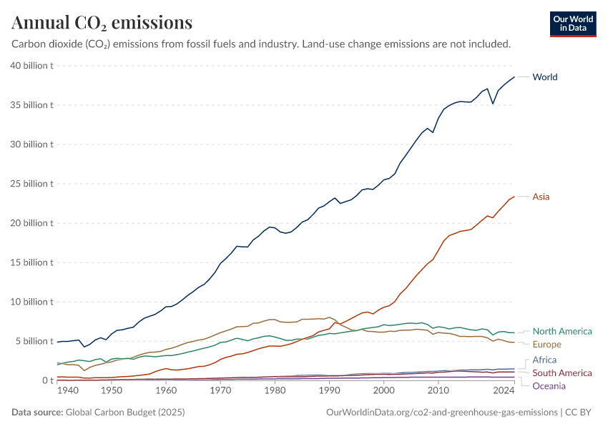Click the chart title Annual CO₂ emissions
[x=102, y=23]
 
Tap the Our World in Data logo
[x=572, y=24]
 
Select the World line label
[x=545, y=77]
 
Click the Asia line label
[x=541, y=197]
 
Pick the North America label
[x=562, y=331]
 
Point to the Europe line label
[x=547, y=345]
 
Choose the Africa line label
[x=544, y=360]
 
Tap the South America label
[x=562, y=373]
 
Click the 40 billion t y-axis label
[x=32, y=66]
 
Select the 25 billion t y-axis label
[x=32, y=184]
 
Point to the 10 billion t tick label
[x=32, y=302]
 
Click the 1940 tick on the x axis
[x=67, y=391]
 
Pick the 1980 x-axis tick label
[x=275, y=391]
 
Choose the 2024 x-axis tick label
[x=504, y=391]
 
